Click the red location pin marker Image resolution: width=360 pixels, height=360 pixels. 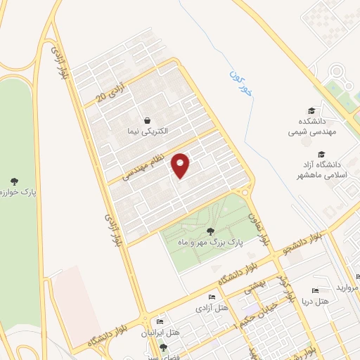[x=181, y=165]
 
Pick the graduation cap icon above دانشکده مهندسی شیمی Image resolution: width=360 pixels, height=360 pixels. [x=311, y=111]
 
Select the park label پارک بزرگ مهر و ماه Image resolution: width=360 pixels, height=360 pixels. [x=209, y=241]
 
